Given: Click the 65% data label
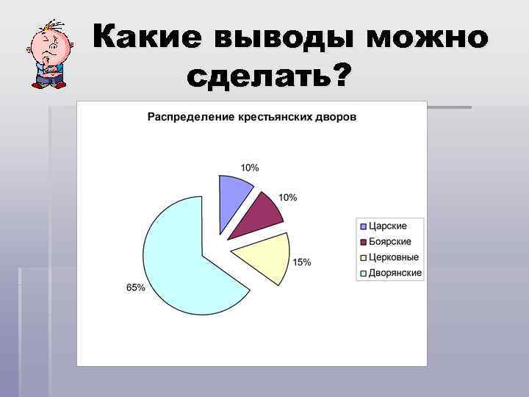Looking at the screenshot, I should point(136,288).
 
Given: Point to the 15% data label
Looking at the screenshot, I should point(302,262).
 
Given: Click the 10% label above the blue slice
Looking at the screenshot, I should point(250,168).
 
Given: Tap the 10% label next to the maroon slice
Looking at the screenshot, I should point(288,198).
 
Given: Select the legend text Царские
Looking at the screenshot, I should point(387,226).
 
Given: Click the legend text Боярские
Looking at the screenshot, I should point(389,241).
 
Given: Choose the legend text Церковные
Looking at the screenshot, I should point(393,257).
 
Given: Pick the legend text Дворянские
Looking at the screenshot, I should point(395,273).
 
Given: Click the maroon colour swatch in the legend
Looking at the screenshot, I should point(363,242).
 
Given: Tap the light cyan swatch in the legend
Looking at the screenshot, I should point(363,273).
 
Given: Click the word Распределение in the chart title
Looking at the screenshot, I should point(185,117).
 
